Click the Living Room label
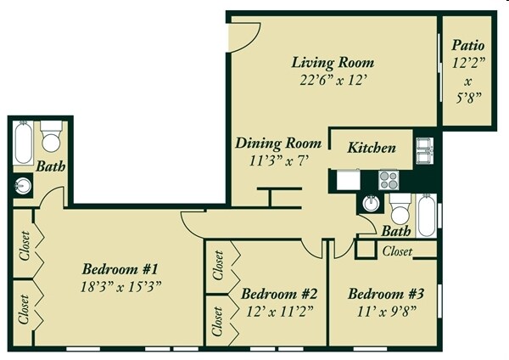point(333,63)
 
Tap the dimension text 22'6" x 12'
point(333,82)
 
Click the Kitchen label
point(372,148)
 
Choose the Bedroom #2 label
point(279,294)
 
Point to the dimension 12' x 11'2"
point(279,312)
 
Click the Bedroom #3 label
point(387,294)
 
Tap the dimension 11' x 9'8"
point(387,312)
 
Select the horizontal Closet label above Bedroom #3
point(397,251)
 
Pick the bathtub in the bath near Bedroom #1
point(23,144)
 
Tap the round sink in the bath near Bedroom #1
point(23,185)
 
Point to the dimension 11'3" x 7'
point(278,160)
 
